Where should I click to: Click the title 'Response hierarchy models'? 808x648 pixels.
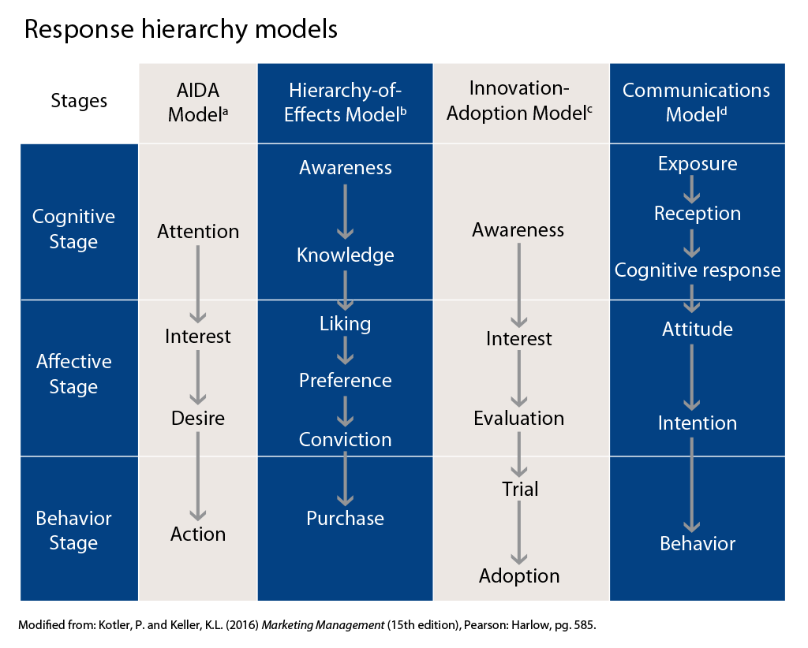coord(181,30)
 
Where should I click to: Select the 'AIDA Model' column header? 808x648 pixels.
coord(198,102)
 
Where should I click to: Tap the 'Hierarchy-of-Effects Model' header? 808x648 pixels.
coord(346,102)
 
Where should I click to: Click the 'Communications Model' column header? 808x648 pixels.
coord(697,102)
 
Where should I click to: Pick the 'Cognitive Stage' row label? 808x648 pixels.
coord(73,229)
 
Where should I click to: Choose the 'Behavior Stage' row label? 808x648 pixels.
coord(73,531)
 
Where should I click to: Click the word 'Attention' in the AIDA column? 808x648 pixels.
coord(198,232)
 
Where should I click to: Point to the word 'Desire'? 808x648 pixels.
coord(198,418)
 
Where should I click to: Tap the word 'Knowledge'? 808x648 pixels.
coord(346,255)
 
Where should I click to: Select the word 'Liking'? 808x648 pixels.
coord(346,323)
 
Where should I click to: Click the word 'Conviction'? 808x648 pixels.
coord(346,439)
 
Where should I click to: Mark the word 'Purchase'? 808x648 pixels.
coord(346,518)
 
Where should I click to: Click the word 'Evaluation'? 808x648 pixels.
coord(519,418)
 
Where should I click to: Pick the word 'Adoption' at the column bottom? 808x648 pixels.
coord(519,575)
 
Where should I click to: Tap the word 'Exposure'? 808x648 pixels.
coord(698,164)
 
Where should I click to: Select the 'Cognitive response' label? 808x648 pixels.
coord(698,270)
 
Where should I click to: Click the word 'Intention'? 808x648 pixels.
coord(698,423)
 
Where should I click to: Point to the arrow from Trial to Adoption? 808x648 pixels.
coord(519,531)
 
